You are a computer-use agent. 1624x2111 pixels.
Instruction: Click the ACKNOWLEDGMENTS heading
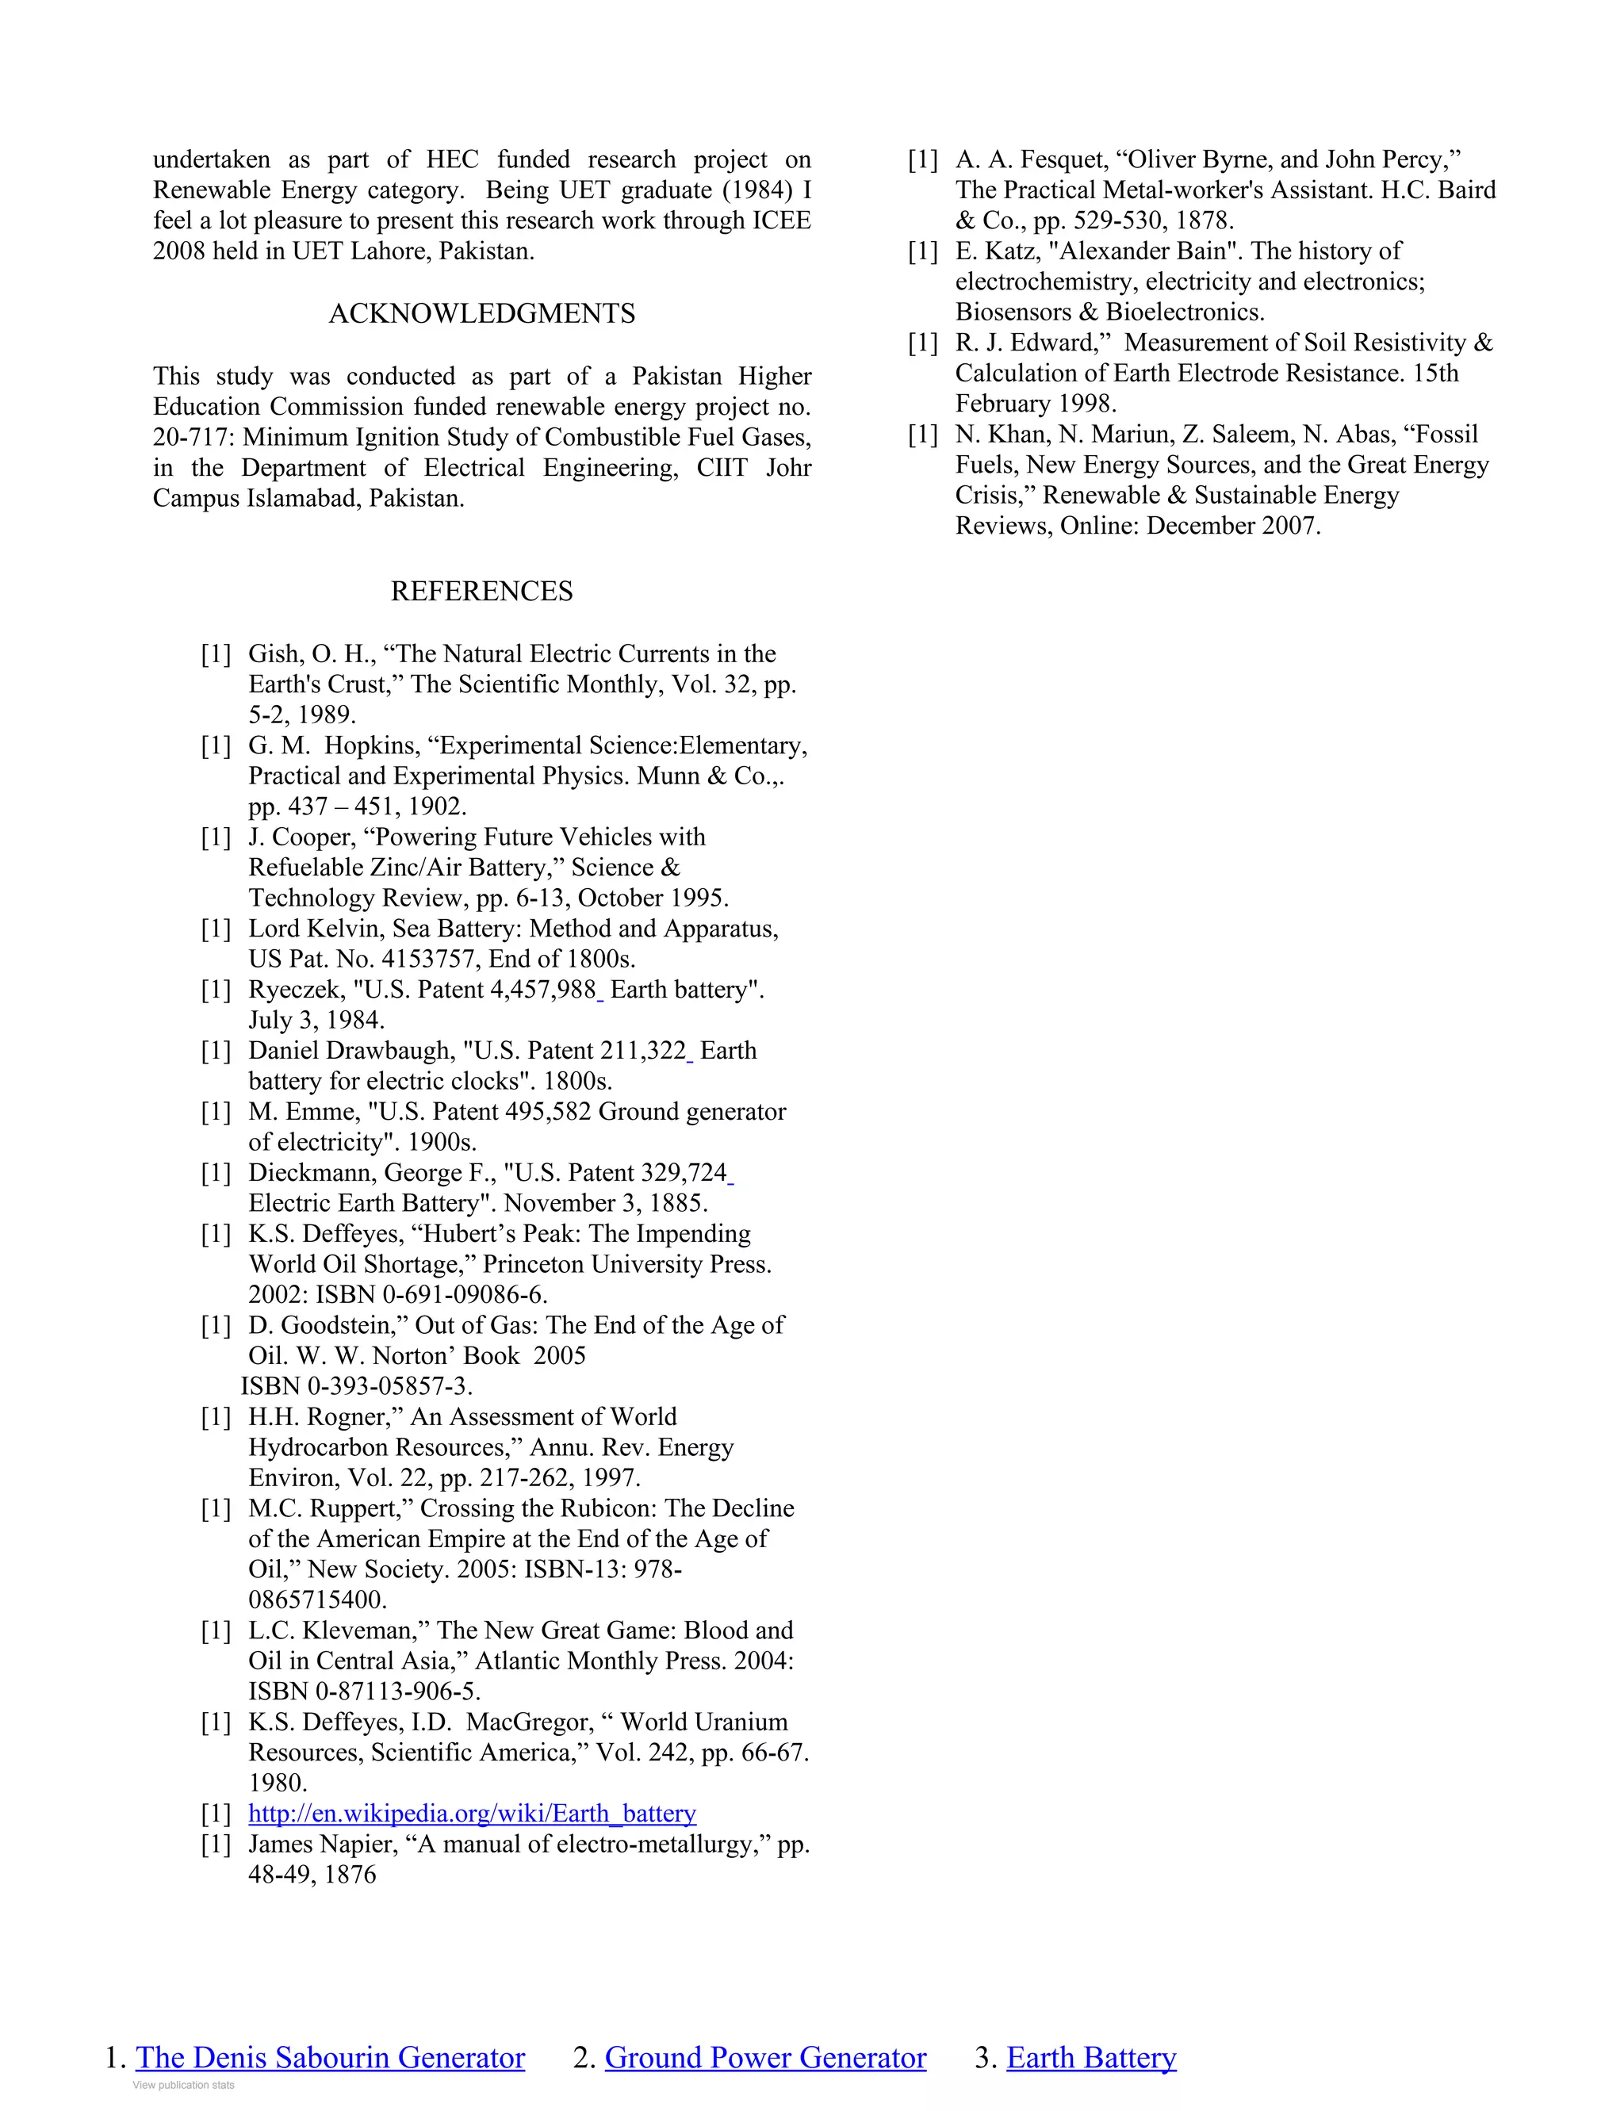point(481,313)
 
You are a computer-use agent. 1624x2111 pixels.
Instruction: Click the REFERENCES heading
point(481,591)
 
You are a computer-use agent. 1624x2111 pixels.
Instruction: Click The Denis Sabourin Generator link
point(330,2057)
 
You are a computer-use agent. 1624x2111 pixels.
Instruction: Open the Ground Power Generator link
point(764,2057)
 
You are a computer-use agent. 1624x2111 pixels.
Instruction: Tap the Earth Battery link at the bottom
point(1090,2057)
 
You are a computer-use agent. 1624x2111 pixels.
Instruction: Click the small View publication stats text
point(184,2085)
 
